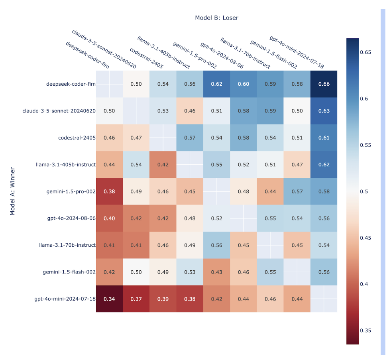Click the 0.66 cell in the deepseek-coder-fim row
(324, 84)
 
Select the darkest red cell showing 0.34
(109, 299)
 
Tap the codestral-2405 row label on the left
(77, 138)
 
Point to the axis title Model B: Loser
(216, 18)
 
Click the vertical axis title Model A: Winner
(12, 191)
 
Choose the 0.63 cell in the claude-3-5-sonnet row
(324, 111)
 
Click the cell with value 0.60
(243, 84)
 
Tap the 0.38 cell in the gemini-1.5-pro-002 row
(109, 191)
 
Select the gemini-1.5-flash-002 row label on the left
(69, 272)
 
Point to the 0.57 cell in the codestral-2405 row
(190, 138)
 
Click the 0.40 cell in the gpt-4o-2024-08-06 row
(109, 218)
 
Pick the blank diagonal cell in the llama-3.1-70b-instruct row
(270, 245)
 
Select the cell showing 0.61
(324, 138)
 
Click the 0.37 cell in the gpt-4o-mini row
(136, 299)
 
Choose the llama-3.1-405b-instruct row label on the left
(71, 164)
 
